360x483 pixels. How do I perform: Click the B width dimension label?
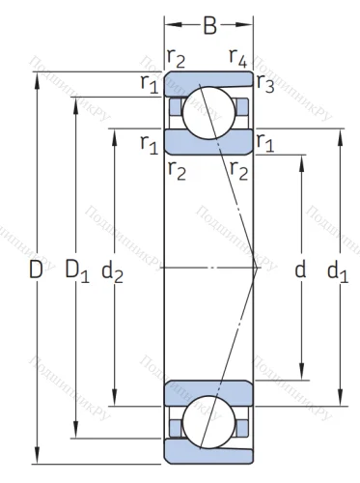click(x=208, y=26)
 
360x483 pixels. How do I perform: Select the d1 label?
click(x=339, y=271)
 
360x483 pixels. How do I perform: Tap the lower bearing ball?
click(x=208, y=421)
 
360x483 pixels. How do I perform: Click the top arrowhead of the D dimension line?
click(x=37, y=77)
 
